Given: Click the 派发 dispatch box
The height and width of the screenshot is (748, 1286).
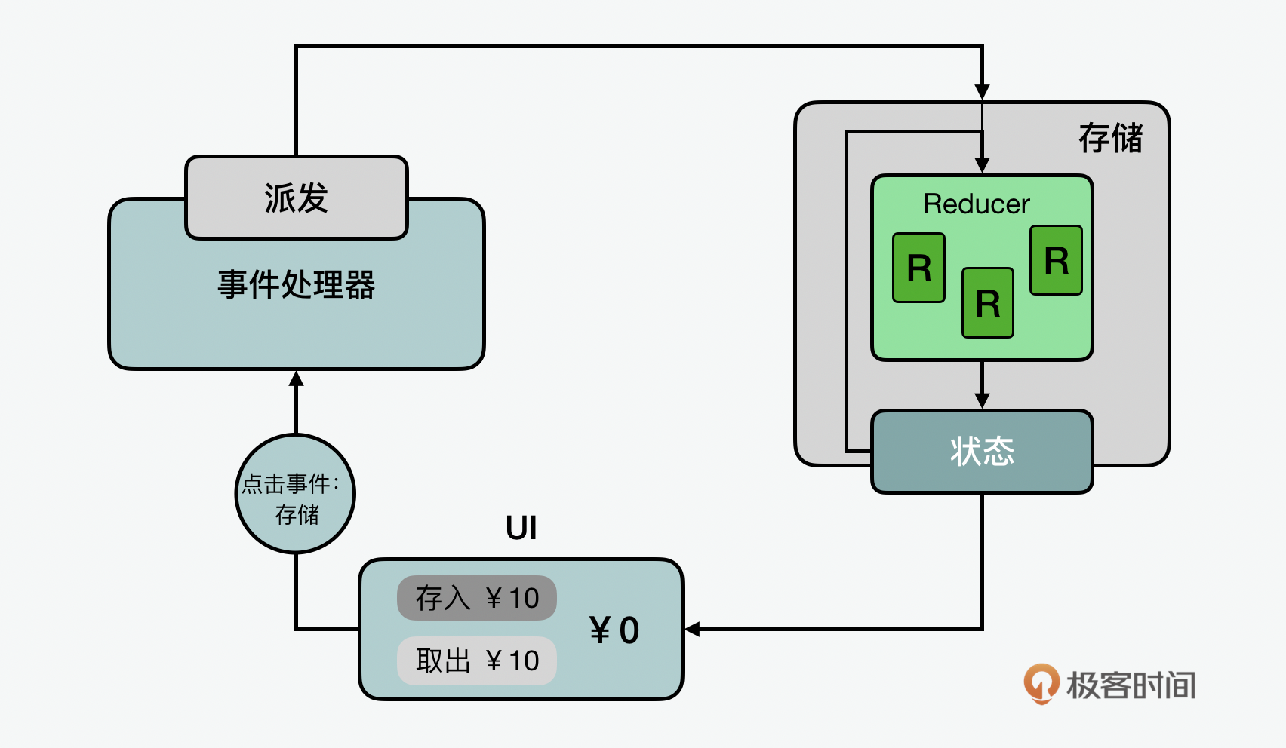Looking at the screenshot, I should [x=297, y=198].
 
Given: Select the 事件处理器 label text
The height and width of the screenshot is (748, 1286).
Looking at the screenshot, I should [x=297, y=285].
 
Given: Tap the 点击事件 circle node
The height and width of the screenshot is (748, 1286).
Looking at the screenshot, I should [x=295, y=494].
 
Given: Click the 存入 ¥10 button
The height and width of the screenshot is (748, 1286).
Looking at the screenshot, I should [x=477, y=598].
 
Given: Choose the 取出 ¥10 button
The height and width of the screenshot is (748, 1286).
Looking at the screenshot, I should [x=477, y=661].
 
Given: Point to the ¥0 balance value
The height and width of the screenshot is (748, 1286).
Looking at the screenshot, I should [x=614, y=630].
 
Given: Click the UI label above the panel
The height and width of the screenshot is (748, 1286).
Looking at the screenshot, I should [x=521, y=528].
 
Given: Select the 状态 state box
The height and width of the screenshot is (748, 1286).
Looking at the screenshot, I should [x=982, y=451].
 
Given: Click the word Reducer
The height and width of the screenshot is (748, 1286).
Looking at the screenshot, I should [x=977, y=204].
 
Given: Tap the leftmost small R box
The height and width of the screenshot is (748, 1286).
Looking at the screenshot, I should [x=918, y=268].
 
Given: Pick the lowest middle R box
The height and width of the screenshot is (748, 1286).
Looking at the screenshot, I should [x=987, y=303].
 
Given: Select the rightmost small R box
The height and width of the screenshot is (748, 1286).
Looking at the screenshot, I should [x=1056, y=260].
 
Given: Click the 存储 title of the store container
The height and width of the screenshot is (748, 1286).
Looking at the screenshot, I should [x=1110, y=138].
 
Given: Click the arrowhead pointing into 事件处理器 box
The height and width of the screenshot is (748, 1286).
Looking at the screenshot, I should [x=297, y=379].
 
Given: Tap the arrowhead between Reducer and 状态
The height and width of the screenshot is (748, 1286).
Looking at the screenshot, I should [x=982, y=400].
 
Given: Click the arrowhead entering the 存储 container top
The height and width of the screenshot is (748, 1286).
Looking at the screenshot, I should [x=982, y=92].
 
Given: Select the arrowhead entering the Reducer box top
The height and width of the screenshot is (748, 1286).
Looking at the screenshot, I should [x=982, y=165].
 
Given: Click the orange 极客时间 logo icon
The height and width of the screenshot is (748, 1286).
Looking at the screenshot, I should [x=1041, y=683].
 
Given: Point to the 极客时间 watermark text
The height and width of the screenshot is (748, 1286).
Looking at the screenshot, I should [x=1131, y=685].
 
